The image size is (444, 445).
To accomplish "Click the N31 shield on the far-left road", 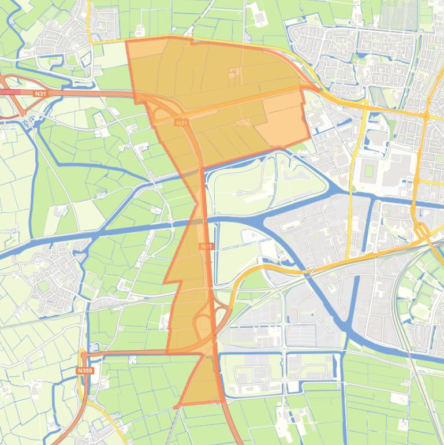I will tap(40, 92).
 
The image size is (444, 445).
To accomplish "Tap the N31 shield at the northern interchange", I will tap(181, 123).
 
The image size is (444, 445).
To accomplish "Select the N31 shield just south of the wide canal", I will tap(206, 246).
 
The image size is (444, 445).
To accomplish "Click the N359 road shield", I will tap(84, 370).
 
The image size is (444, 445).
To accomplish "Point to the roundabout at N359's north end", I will tap(84, 355).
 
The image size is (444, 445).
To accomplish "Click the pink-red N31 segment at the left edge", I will tap(9, 92).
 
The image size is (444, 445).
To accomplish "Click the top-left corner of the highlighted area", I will tap(126, 40).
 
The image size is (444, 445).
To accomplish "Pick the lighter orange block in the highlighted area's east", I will tap(283, 118).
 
